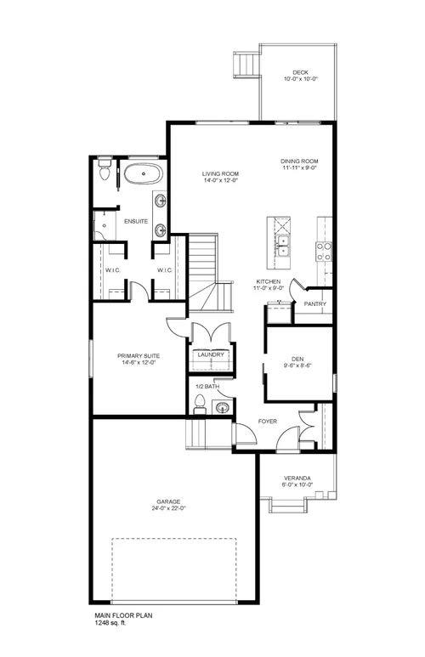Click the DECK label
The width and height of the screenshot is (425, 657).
tap(300, 72)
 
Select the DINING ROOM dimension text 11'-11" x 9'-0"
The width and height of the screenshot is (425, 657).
tap(299, 168)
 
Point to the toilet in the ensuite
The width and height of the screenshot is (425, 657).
tap(104, 174)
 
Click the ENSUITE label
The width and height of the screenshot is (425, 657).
tap(136, 222)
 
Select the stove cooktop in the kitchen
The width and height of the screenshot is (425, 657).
tap(324, 250)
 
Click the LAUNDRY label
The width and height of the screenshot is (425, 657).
tap(210, 354)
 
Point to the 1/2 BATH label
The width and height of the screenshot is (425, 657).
tap(207, 387)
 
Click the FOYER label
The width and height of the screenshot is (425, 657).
tap(269, 421)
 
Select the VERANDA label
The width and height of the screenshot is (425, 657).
tap(297, 478)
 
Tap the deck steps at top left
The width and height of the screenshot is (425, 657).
tap(246, 65)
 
